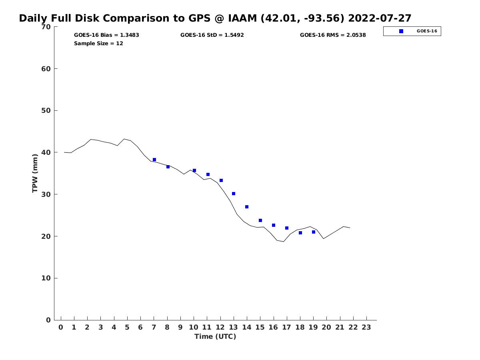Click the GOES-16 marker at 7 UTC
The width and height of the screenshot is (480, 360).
(x=154, y=160)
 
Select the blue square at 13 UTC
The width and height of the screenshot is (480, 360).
(x=234, y=194)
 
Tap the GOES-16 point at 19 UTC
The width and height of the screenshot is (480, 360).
(x=314, y=232)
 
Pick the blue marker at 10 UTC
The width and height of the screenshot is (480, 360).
(x=194, y=170)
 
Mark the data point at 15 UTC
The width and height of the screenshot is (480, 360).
(x=260, y=220)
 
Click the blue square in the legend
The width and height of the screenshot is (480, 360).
(x=401, y=31)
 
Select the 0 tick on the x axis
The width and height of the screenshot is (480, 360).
(x=61, y=327)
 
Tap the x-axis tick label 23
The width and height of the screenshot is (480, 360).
(x=366, y=327)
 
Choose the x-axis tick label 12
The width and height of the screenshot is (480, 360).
(x=220, y=327)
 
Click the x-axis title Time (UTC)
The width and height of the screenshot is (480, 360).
(x=215, y=336)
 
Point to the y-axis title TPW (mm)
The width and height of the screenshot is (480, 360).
(x=35, y=173)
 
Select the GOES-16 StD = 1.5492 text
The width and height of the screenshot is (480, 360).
(x=212, y=35)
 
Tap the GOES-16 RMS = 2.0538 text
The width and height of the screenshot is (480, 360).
(x=333, y=35)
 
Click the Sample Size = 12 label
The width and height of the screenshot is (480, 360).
(x=98, y=43)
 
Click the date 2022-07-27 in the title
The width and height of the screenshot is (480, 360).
(x=380, y=18)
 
